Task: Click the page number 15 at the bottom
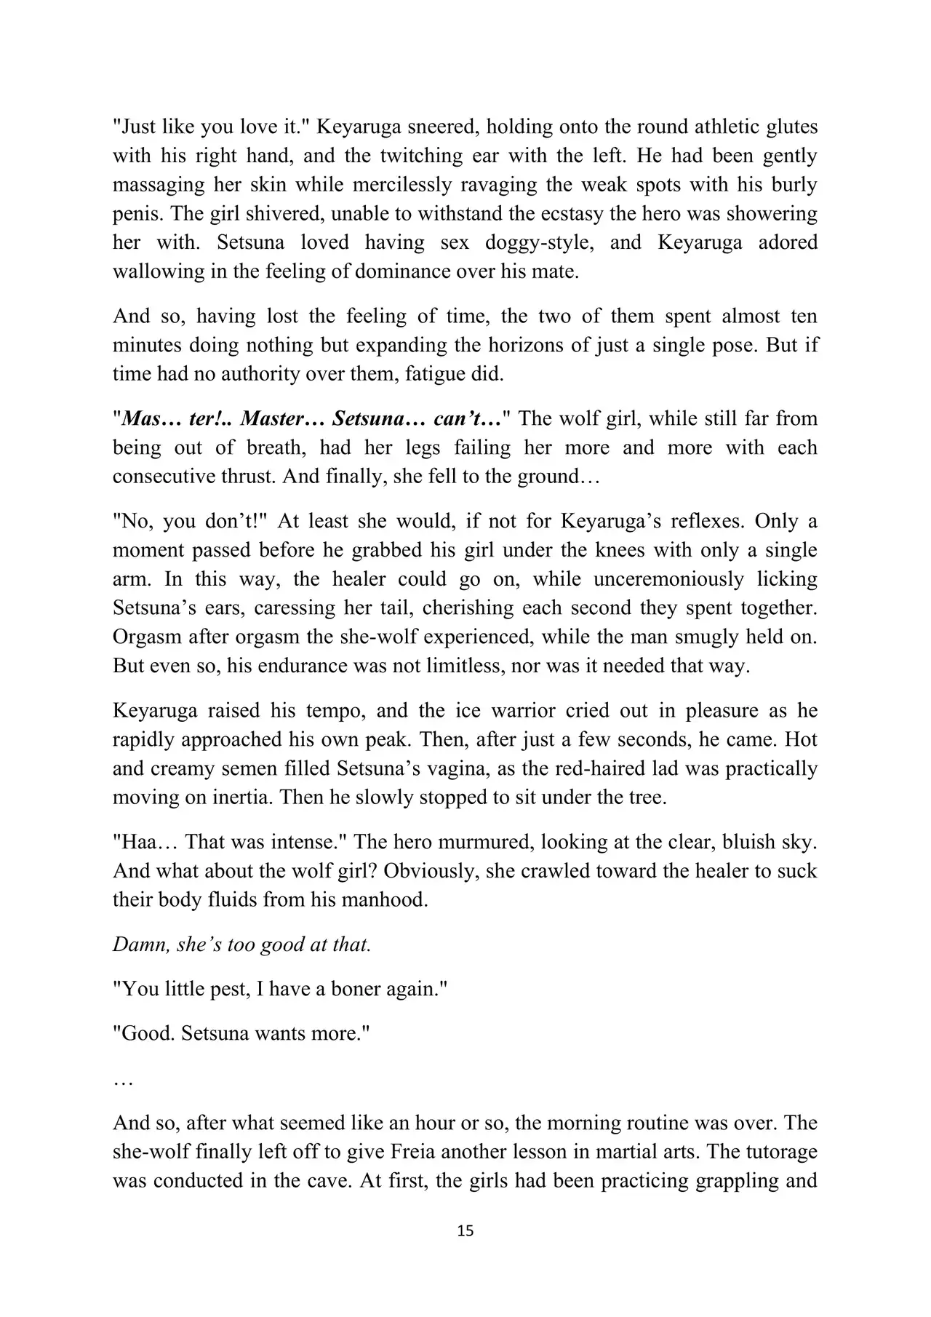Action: click(465, 1230)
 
